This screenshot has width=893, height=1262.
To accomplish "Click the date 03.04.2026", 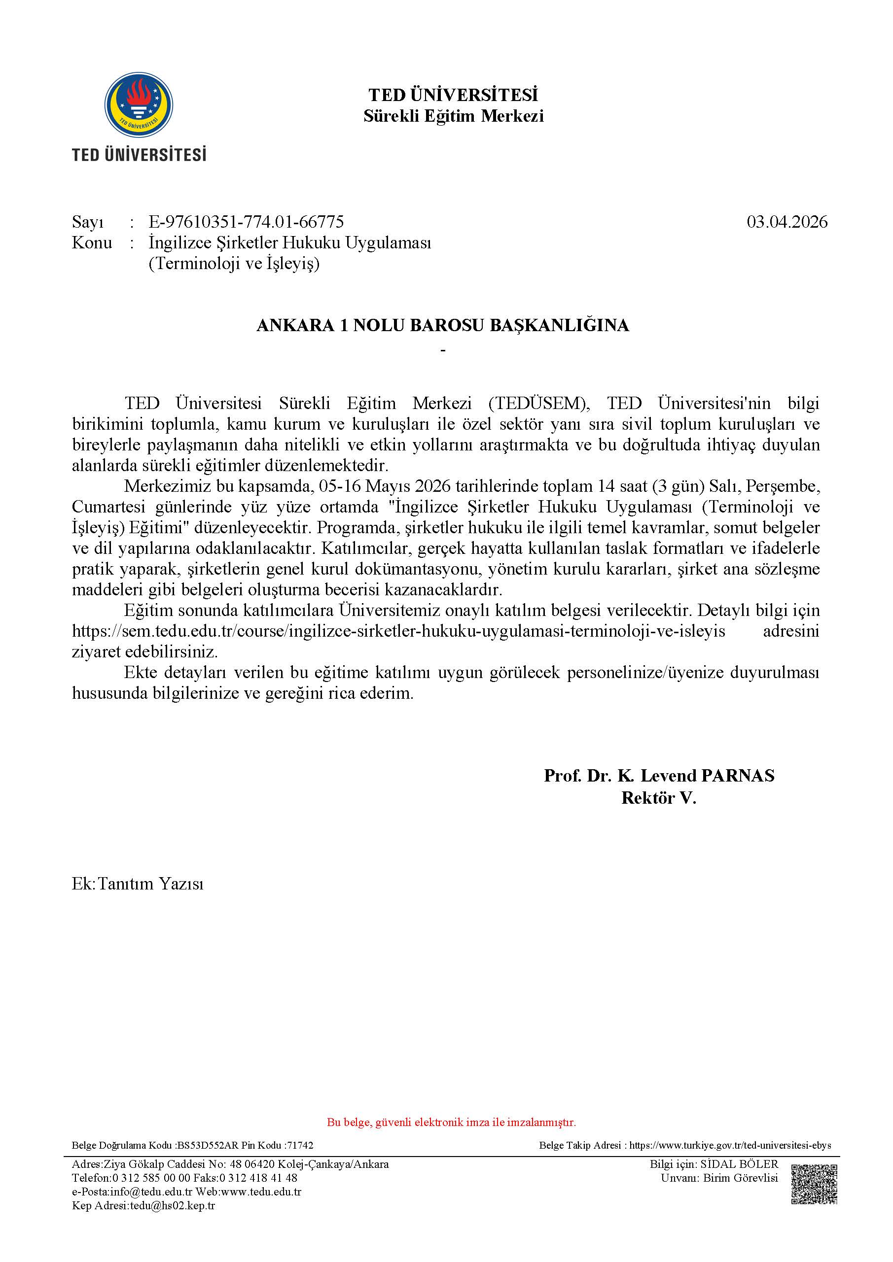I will (786, 222).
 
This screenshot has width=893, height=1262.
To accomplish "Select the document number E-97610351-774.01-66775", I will (246, 222).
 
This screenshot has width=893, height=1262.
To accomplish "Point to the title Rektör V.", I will (659, 797).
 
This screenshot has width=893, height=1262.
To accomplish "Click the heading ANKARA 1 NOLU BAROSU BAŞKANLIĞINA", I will (443, 325).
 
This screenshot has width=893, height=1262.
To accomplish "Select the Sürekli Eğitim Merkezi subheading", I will (453, 116).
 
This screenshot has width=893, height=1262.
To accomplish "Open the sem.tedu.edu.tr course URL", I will (398, 631).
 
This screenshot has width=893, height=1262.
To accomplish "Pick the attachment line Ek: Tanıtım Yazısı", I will (138, 884).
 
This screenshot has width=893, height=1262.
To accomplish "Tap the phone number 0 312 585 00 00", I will (151, 1178).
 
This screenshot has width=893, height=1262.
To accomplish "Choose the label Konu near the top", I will (92, 242).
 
